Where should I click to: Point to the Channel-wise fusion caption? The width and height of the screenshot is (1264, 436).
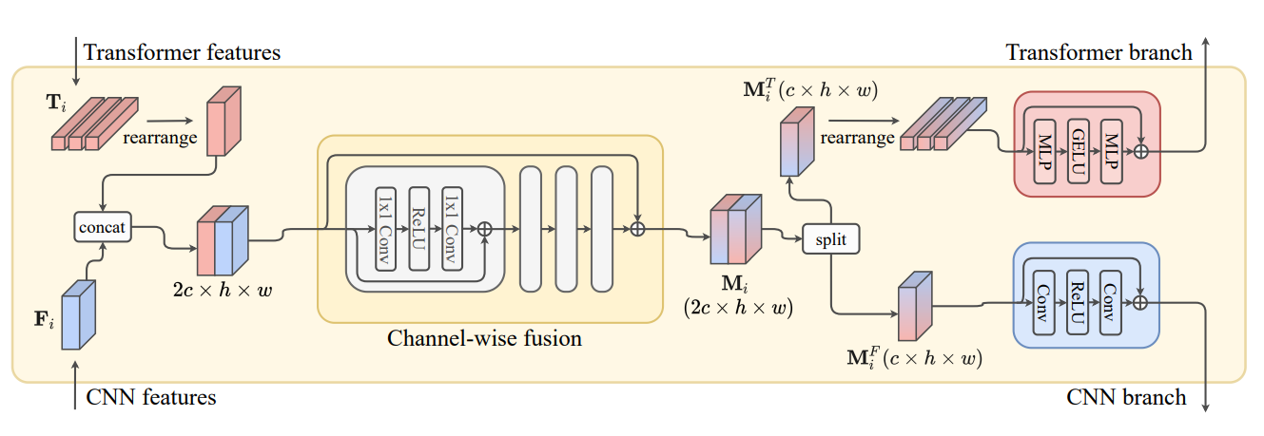pyautogui.click(x=484, y=337)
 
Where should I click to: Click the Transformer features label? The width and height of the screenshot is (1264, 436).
pyautogui.click(x=183, y=52)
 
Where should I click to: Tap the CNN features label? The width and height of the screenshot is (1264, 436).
pyautogui.click(x=151, y=397)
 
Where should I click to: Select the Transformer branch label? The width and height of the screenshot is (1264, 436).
pyautogui.click(x=1099, y=52)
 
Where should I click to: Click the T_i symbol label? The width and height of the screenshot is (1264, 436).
pyautogui.click(x=58, y=101)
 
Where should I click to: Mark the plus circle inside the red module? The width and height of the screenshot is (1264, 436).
pyautogui.click(x=1140, y=151)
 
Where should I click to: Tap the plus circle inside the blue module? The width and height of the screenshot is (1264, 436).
pyautogui.click(x=1140, y=302)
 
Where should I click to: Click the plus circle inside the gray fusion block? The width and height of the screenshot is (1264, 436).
pyautogui.click(x=485, y=229)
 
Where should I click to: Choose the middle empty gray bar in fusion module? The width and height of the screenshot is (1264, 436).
pyautogui.click(x=566, y=228)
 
